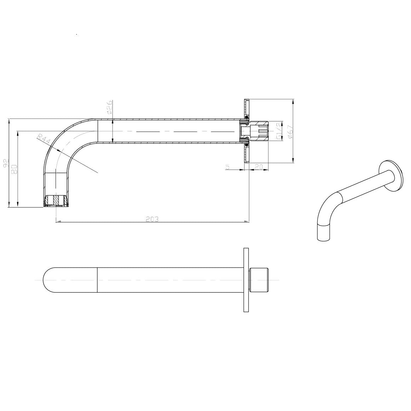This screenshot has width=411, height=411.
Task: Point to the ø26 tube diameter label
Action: point(109,106)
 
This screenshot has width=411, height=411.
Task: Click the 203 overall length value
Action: point(152,219)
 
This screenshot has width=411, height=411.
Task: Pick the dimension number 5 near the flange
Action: point(227,166)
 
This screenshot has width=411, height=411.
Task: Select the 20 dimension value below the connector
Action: point(259,166)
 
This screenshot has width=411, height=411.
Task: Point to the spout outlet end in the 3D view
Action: point(324,234)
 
